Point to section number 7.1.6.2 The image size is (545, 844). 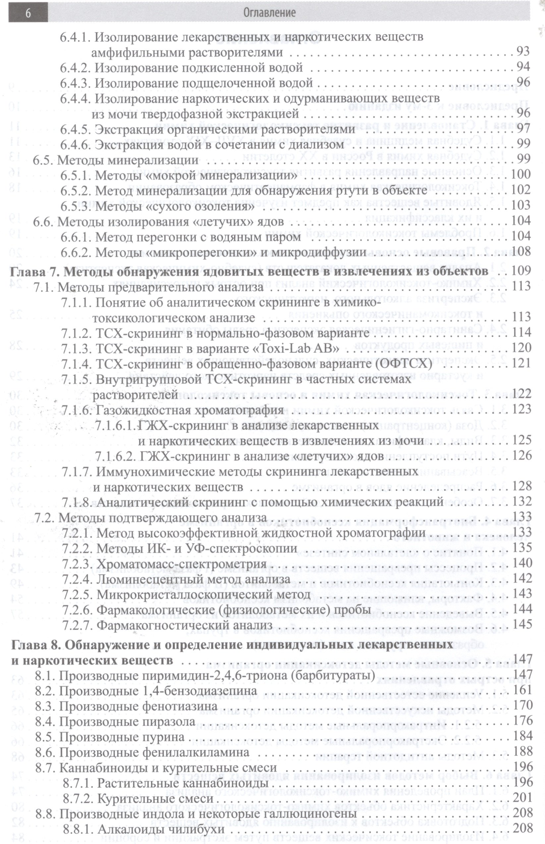(x=114, y=456)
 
